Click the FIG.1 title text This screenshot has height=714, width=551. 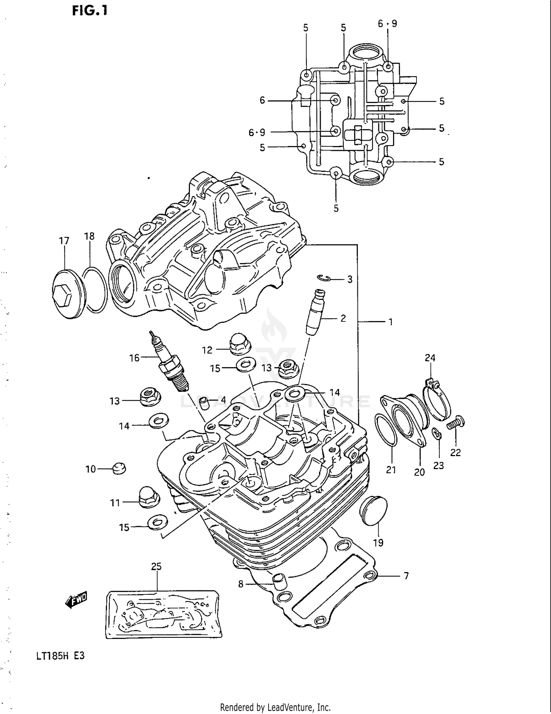(x=90, y=11)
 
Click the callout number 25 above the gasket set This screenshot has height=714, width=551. (x=156, y=566)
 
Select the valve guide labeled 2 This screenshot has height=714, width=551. (x=315, y=312)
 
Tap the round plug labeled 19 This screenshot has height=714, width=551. (x=373, y=511)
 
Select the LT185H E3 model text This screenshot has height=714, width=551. (x=60, y=656)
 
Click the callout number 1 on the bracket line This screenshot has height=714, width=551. (x=390, y=322)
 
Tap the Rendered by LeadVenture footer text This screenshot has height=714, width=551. (x=275, y=707)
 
